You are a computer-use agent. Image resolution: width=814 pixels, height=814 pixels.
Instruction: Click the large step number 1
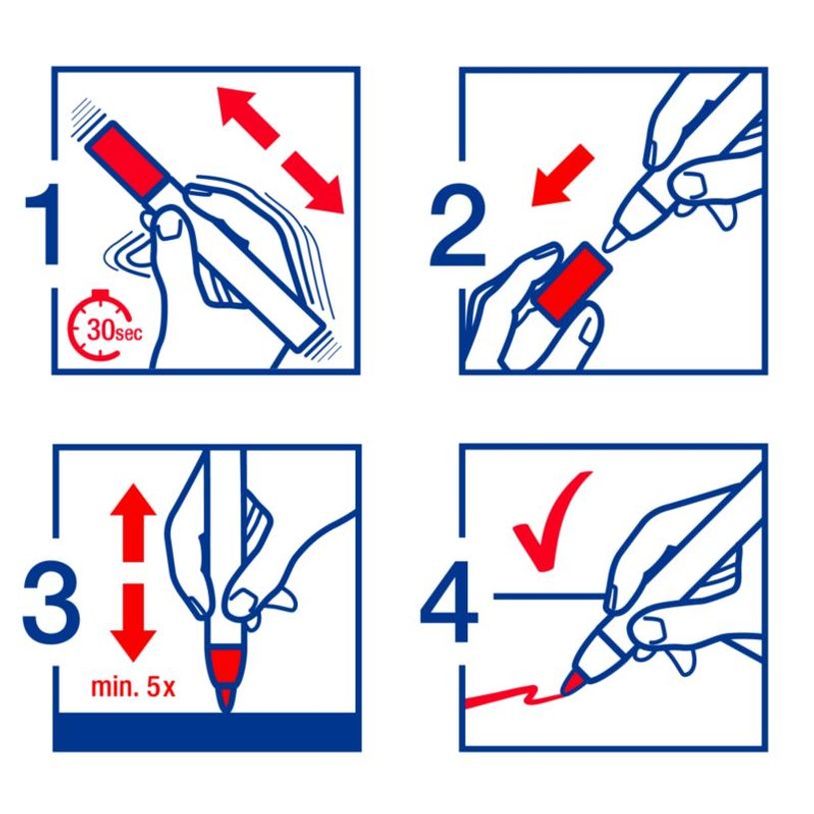(x=44, y=225)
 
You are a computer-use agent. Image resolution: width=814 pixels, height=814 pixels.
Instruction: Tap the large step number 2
(x=457, y=226)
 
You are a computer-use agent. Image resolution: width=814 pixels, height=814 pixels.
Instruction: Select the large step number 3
(x=51, y=601)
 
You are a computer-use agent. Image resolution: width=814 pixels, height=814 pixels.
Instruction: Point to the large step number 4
(x=449, y=601)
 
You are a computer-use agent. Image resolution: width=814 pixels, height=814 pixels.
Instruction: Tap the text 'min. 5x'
(x=134, y=686)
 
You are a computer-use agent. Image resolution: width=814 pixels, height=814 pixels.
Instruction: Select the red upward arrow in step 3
(x=134, y=522)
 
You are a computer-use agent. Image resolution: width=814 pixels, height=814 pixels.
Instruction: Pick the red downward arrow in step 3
(x=134, y=622)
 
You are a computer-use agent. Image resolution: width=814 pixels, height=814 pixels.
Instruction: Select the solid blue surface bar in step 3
(x=207, y=732)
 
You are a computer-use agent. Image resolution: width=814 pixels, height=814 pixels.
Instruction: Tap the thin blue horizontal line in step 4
(x=550, y=596)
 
